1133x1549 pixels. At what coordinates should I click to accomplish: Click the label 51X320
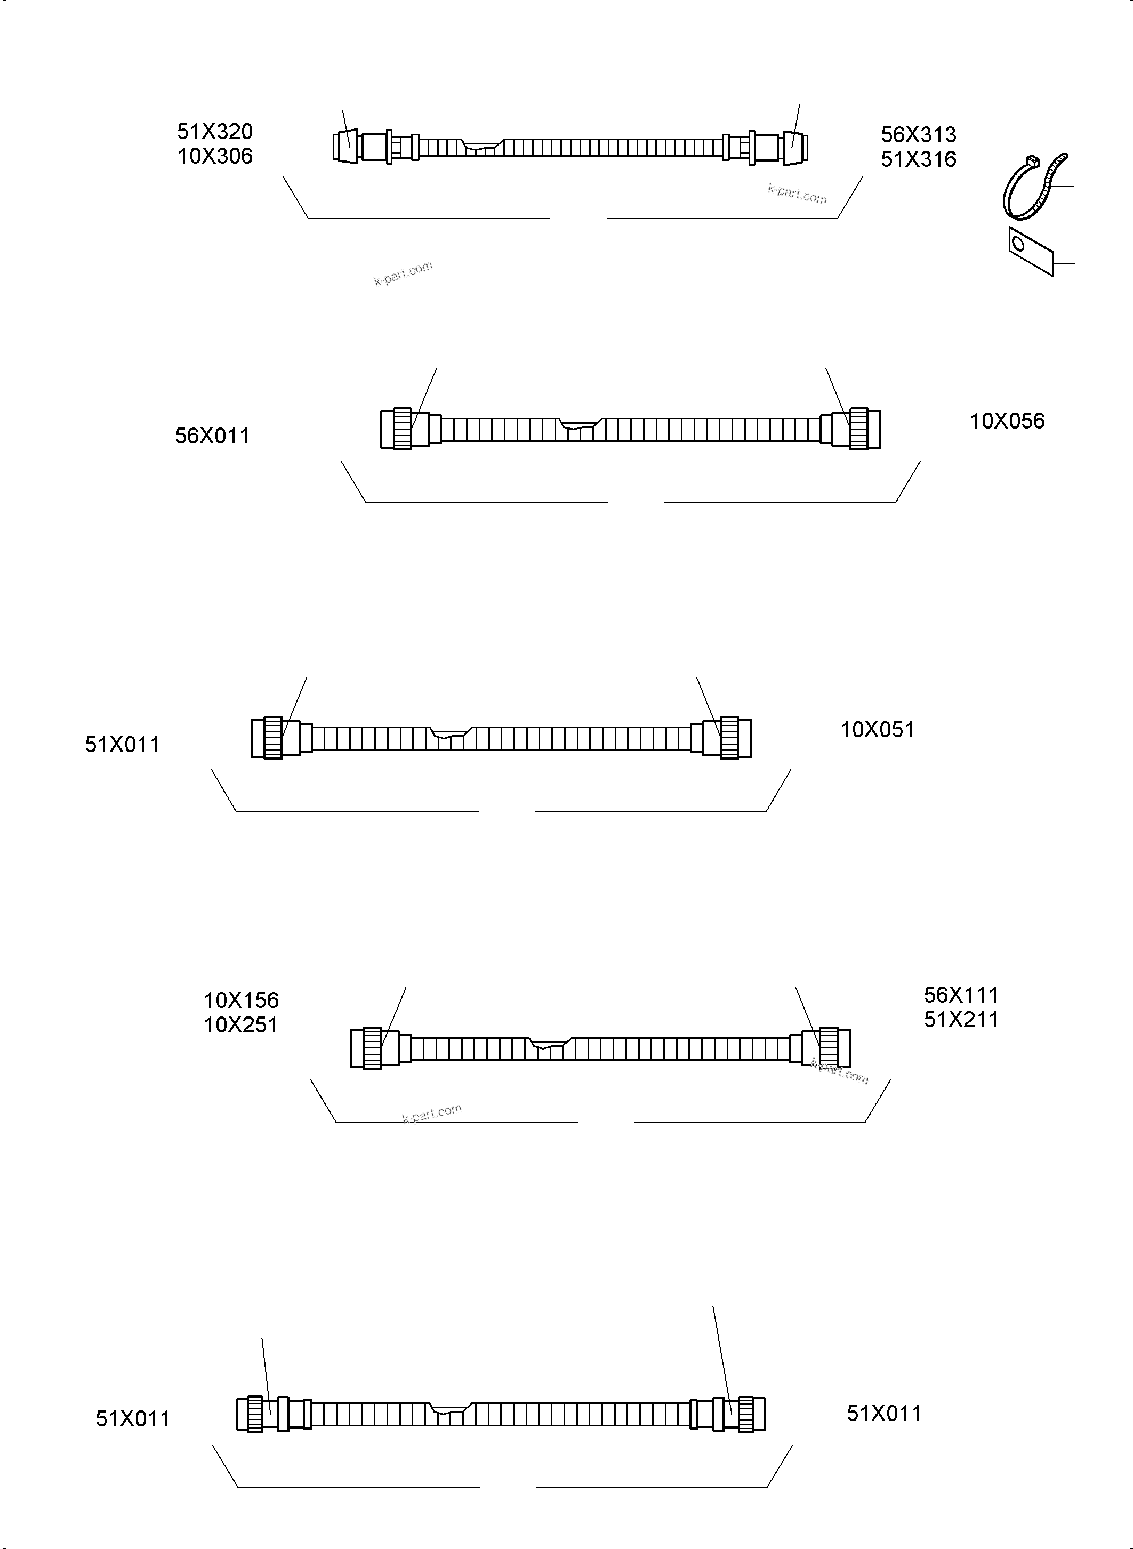pyautogui.click(x=215, y=131)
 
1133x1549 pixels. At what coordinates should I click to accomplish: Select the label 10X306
pyautogui.click(x=215, y=156)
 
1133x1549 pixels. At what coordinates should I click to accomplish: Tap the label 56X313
pyautogui.click(x=918, y=134)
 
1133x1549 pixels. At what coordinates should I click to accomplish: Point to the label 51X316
pyautogui.click(x=918, y=159)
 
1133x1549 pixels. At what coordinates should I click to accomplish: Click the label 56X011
pyautogui.click(x=212, y=435)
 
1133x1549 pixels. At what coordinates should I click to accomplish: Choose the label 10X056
pyautogui.click(x=1007, y=421)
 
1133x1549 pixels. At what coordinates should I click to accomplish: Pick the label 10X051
pyautogui.click(x=877, y=730)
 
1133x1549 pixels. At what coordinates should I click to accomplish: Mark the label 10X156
pyautogui.click(x=240, y=1000)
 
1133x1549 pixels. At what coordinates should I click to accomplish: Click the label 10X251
pyautogui.click(x=240, y=1025)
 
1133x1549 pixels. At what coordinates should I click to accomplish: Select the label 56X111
pyautogui.click(x=961, y=995)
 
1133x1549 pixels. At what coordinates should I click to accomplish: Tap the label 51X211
pyautogui.click(x=961, y=1020)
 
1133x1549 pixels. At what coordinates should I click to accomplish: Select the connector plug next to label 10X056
pyautogui.click(x=857, y=429)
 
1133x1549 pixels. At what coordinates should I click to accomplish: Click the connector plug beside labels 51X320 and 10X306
pyautogui.click(x=347, y=146)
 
